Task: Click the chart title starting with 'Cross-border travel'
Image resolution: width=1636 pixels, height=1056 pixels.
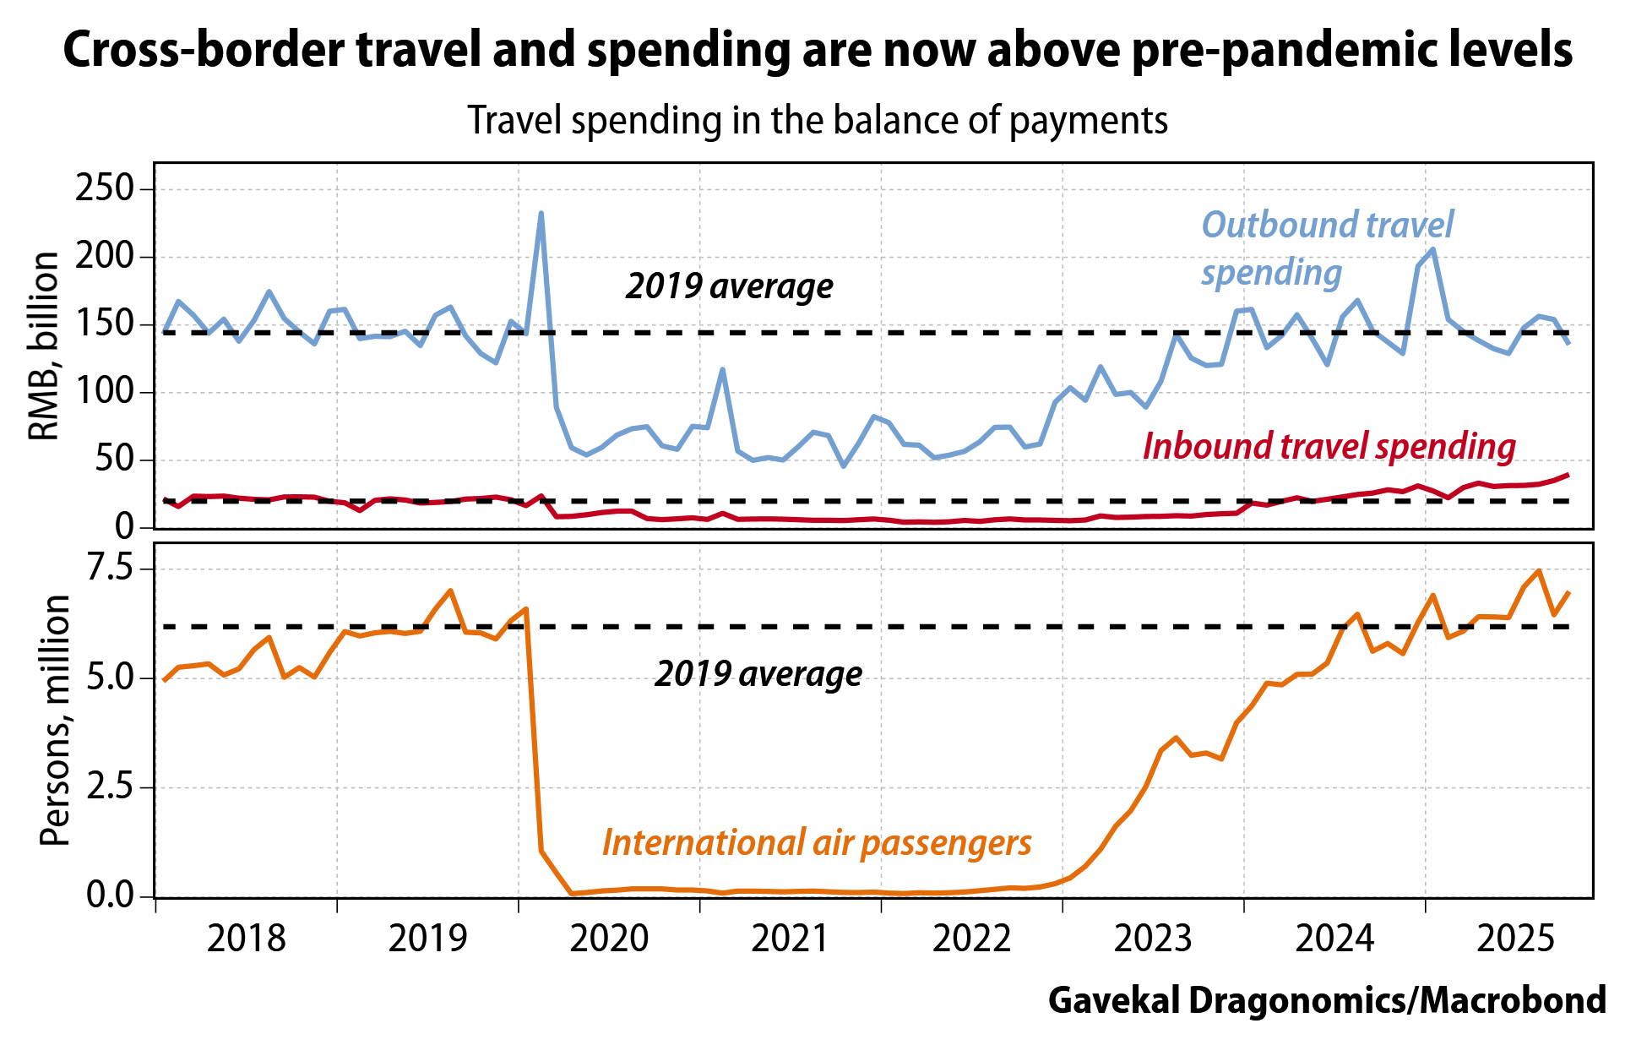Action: (818, 51)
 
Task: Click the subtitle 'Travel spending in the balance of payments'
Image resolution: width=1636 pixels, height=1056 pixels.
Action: (818, 121)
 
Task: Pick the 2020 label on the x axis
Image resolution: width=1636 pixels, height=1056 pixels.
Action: (609, 939)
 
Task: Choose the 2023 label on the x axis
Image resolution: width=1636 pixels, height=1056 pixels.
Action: (1153, 939)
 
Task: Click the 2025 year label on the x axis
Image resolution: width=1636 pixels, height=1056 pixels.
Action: (1515, 939)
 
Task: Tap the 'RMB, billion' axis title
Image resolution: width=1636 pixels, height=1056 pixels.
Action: (44, 346)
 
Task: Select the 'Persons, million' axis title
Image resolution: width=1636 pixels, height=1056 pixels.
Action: (54, 720)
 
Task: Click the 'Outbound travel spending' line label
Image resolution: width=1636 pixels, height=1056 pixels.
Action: (1326, 248)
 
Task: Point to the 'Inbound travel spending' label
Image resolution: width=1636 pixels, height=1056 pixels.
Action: (1329, 446)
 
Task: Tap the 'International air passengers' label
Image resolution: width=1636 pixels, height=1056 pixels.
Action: (817, 842)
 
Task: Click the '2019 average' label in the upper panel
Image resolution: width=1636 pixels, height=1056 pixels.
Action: (729, 286)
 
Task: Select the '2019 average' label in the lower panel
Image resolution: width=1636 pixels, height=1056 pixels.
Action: (758, 674)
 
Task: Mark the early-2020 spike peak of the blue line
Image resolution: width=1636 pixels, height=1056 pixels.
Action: (541, 213)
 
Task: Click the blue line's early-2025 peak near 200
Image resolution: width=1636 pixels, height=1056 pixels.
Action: (1433, 249)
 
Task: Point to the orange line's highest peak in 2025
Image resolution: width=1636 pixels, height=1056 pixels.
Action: (1539, 571)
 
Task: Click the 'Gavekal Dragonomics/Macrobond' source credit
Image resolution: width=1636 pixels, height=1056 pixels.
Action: (1326, 1000)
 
